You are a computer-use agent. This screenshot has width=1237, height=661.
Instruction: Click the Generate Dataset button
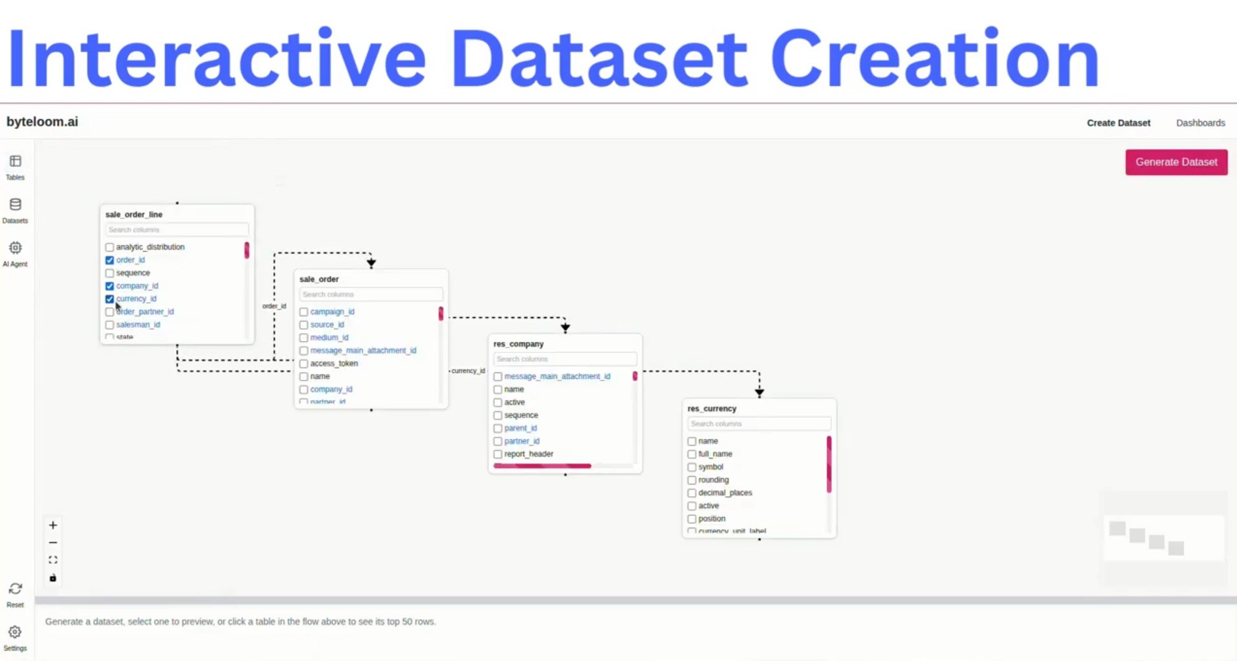pyautogui.click(x=1176, y=162)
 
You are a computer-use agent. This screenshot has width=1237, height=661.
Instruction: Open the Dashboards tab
pyautogui.click(x=1200, y=123)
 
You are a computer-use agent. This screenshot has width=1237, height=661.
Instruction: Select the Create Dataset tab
pyautogui.click(x=1118, y=123)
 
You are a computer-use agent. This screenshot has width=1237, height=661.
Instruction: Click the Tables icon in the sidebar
pyautogui.click(x=16, y=161)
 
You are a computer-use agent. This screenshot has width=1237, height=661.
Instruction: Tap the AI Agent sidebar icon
pyautogui.click(x=16, y=248)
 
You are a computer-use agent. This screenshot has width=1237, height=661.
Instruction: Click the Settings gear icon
pyautogui.click(x=15, y=632)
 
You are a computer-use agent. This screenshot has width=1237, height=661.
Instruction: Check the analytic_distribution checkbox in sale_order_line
pyautogui.click(x=109, y=247)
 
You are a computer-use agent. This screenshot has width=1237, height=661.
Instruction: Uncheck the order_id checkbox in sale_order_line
pyautogui.click(x=109, y=260)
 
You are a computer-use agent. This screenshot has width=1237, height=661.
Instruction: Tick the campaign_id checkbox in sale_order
pyautogui.click(x=303, y=312)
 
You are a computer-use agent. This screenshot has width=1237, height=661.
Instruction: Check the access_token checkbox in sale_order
pyautogui.click(x=303, y=363)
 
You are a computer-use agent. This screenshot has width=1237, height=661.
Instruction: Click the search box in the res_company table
pyautogui.click(x=564, y=359)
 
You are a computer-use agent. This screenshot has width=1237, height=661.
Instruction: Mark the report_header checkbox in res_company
pyautogui.click(x=498, y=454)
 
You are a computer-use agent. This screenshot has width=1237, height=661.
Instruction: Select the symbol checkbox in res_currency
pyautogui.click(x=692, y=467)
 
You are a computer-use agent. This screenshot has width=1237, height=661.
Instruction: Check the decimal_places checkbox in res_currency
pyautogui.click(x=692, y=493)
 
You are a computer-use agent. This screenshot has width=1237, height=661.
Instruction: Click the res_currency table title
pyautogui.click(x=712, y=409)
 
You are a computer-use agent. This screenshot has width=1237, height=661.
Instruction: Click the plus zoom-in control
pyautogui.click(x=53, y=525)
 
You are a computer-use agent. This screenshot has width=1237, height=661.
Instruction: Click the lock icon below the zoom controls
pyautogui.click(x=53, y=578)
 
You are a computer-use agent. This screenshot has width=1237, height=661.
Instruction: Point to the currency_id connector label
pyautogui.click(x=468, y=371)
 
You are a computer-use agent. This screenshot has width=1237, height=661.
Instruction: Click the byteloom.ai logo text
pyautogui.click(x=42, y=122)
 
